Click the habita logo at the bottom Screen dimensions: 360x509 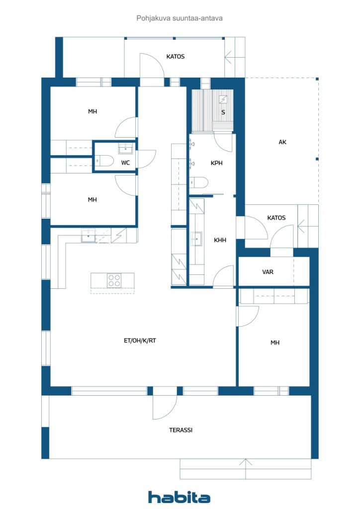179,497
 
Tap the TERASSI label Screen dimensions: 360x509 180,430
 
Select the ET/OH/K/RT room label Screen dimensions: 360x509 140,340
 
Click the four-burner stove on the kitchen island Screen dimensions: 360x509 114,280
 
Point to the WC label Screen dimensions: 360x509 125,163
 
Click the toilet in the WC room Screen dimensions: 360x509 103,161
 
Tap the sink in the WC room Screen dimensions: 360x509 126,149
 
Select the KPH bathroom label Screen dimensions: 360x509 216,163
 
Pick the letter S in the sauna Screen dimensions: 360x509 223,112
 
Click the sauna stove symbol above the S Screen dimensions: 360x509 223,99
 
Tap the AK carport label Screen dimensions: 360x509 282,142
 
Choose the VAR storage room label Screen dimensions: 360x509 268,272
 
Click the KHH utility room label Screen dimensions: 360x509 220,240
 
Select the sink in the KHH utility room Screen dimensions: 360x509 196,239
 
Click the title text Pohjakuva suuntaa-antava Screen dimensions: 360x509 180,18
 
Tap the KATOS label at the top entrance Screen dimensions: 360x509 176,57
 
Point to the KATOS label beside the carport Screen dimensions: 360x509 276,218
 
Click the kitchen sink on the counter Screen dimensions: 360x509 89,236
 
